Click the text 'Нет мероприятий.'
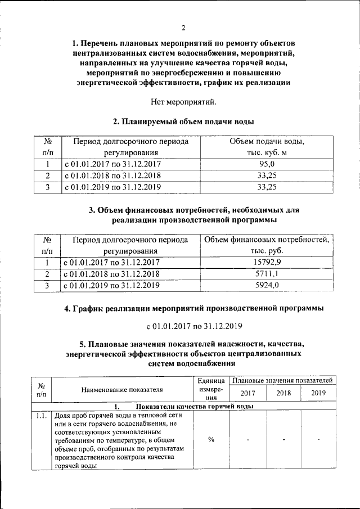pyautogui.click(x=183, y=102)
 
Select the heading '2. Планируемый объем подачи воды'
pyautogui.click(x=183, y=121)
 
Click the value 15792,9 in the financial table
pyautogui.click(x=267, y=262)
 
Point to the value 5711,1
pyautogui.click(x=267, y=274)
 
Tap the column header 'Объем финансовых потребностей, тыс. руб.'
pyautogui.click(x=267, y=245)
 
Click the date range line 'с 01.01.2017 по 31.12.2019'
pyautogui.click(x=183, y=326)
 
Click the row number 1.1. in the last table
pyautogui.click(x=40, y=416)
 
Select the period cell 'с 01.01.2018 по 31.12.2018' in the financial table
pyautogui.click(x=112, y=274)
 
